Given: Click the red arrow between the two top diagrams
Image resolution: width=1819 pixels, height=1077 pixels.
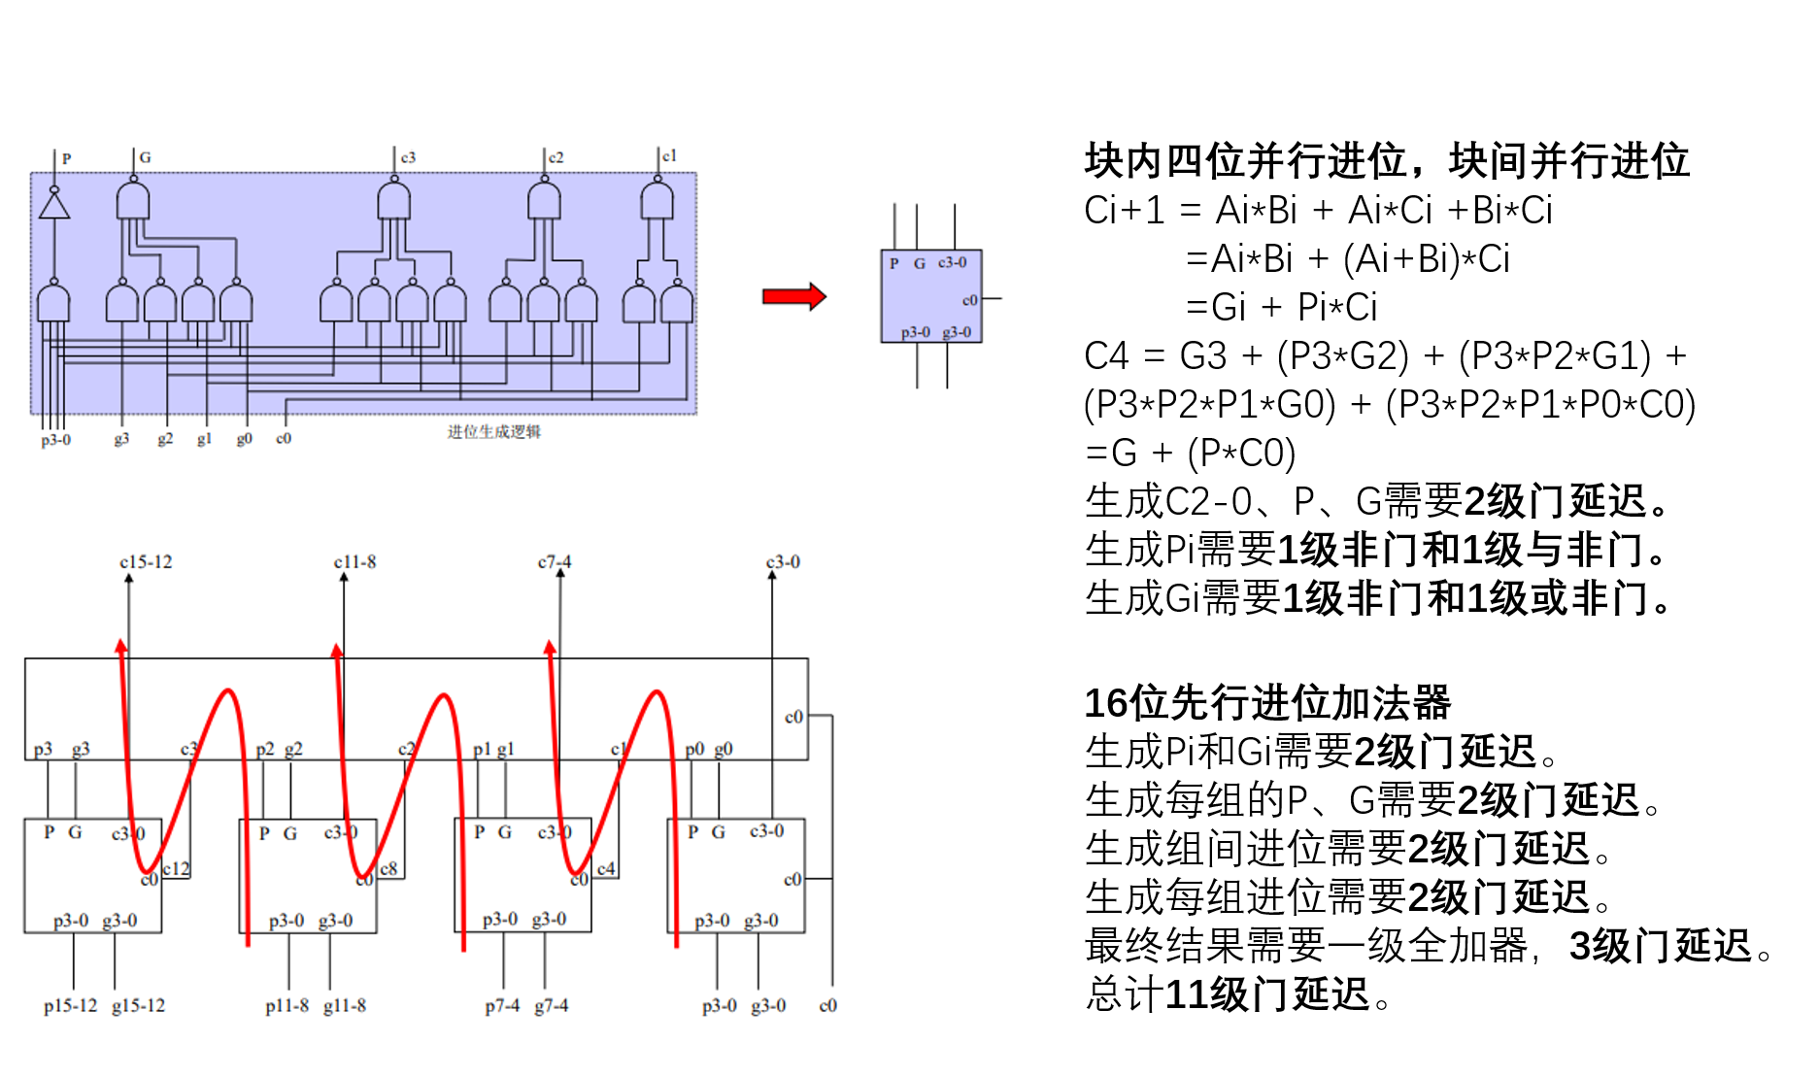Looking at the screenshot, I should pos(793,296).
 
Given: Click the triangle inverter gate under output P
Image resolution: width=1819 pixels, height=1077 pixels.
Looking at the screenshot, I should pos(54,206).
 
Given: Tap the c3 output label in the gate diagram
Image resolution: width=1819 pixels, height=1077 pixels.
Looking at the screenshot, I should pos(408,157).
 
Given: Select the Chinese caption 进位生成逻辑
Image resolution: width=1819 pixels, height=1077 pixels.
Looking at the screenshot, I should pos(493,432).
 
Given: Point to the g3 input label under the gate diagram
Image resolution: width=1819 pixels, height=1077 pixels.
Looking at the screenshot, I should pos(121,439).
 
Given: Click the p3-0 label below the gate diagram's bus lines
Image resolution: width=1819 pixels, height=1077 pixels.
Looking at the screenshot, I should pos(55,440).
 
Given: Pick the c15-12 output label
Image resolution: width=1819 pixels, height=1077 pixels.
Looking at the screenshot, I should pos(146,562).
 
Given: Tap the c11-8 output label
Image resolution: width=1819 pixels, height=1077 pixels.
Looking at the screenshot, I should pos(354,562).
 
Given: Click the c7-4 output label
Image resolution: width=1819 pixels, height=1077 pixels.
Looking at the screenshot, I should pos(555,562).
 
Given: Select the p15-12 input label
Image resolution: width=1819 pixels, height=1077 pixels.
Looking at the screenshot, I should pos(70,1006).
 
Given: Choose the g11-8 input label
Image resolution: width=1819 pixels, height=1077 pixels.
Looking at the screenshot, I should pos(345,1006).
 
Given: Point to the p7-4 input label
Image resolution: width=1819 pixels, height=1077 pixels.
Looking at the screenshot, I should pos(502,1006).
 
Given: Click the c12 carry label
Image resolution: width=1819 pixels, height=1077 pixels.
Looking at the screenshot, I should pos(176,868).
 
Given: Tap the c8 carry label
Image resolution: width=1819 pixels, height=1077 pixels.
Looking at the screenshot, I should pos(388,868).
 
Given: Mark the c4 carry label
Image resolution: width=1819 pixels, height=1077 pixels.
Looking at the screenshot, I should pos(606,868).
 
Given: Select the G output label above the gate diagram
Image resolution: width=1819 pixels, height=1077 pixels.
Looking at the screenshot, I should pos(145,157).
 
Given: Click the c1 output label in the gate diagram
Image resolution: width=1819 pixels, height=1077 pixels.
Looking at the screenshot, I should pos(669,156).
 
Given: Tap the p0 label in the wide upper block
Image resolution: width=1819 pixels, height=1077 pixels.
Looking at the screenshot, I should pos(694,750).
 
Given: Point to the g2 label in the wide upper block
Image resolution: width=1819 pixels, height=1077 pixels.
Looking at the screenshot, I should pos(293,750).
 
